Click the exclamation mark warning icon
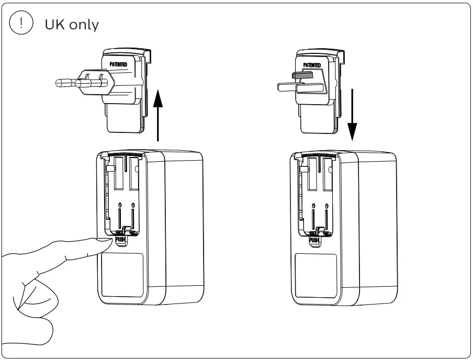coord(20,24)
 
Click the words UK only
coord(71,25)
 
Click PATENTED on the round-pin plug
coord(118,64)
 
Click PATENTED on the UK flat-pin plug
coord(312,65)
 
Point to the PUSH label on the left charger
coord(121,240)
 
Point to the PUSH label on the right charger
coord(314,240)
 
